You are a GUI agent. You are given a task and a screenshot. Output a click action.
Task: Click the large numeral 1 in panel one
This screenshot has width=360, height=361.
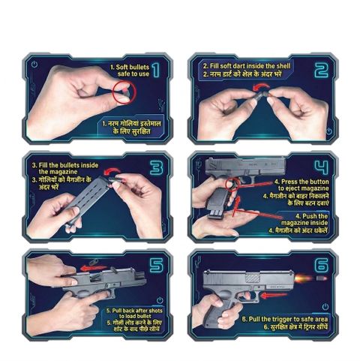pos(156,70)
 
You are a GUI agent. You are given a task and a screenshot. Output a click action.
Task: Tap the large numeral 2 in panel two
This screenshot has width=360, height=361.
pos(322,70)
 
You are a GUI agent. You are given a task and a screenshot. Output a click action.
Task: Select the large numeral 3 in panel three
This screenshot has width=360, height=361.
pos(157,167)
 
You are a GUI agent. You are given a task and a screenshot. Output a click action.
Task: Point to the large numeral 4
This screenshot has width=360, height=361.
pos(322,167)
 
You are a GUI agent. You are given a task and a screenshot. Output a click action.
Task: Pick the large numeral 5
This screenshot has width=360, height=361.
pos(157,266)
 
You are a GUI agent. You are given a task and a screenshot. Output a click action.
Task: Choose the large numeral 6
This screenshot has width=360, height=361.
pos(322,266)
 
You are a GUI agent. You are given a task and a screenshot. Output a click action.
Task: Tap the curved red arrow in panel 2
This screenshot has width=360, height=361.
pos(261,86)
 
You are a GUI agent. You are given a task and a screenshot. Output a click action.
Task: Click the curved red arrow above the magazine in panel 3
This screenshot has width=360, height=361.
pos(112,170)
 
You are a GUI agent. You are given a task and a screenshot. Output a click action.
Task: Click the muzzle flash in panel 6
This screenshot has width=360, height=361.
pos(304,278)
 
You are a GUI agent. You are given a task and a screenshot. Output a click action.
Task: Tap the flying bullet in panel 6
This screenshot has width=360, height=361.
pos(322,278)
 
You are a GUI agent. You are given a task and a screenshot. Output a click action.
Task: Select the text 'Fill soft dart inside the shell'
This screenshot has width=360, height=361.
pos(246,66)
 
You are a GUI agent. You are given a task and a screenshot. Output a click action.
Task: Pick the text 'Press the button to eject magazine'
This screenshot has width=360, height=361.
pos(301,185)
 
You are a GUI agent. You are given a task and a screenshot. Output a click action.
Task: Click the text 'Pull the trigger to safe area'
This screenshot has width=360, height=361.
pos(285,319)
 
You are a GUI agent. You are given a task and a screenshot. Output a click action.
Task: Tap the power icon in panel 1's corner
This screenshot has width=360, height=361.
pos(34,65)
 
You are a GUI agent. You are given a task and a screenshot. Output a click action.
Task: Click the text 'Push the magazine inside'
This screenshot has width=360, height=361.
pos(304,219)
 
